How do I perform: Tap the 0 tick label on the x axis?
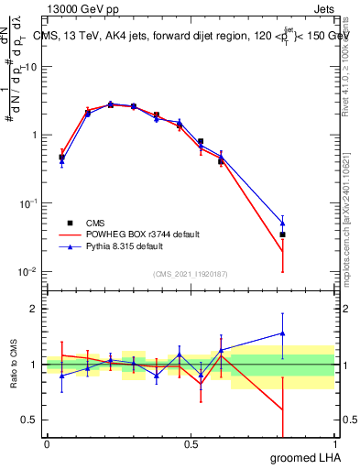pos(47,444)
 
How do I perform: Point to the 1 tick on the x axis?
pos(334,444)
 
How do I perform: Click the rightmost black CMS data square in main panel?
pos(283,234)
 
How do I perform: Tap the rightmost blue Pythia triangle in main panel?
pos(283,223)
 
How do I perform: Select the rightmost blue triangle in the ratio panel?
pos(283,333)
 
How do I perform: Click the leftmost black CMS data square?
pos(61,158)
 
